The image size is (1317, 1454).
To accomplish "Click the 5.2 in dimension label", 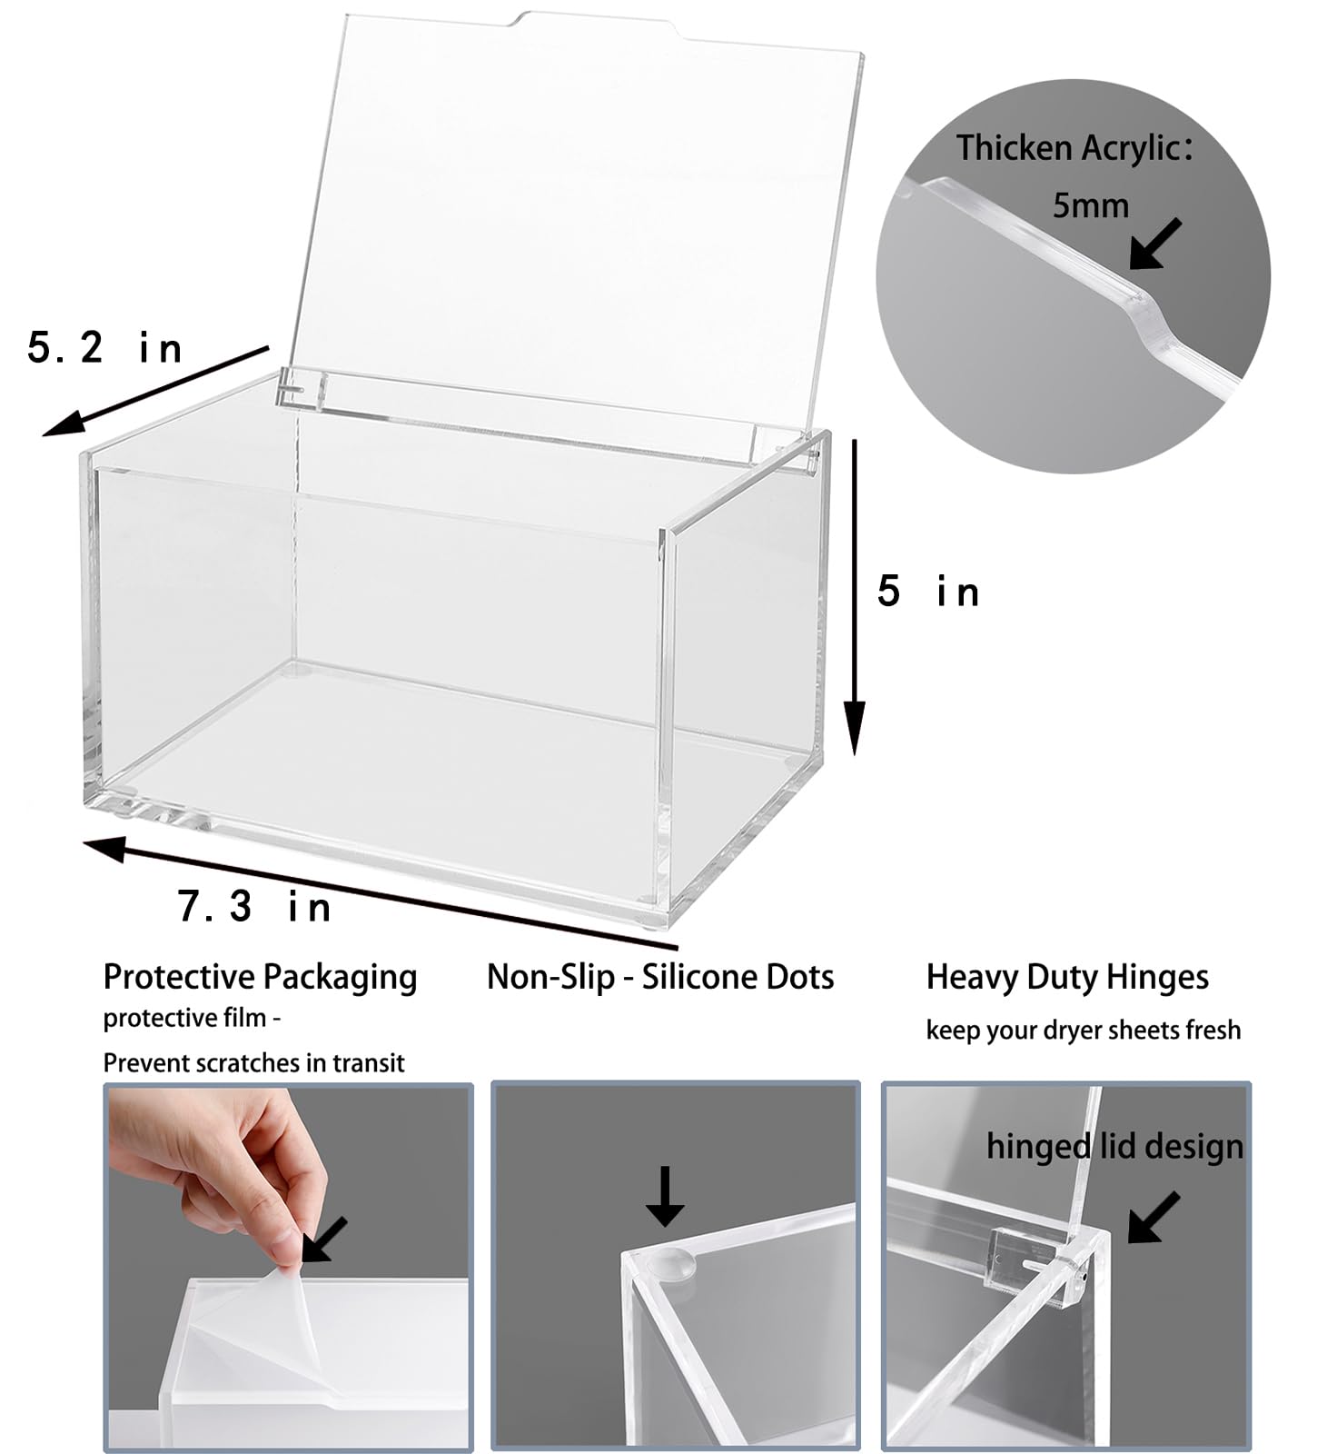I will [x=105, y=348].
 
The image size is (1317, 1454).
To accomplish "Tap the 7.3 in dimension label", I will [x=254, y=906].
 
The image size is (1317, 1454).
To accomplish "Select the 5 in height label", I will [x=928, y=592].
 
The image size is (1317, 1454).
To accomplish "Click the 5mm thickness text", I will [x=1090, y=205].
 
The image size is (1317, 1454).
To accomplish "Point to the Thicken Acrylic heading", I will [x=1074, y=148].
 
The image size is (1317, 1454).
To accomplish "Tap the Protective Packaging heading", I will [x=260, y=977].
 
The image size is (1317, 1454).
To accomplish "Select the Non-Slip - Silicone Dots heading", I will [x=660, y=977].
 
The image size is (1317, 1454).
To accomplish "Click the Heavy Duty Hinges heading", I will [x=1067, y=977].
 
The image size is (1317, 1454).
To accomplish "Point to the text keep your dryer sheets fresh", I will [x=1083, y=1030].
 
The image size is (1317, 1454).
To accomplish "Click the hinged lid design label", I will [x=1114, y=1146].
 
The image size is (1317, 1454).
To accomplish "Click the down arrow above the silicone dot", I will [x=665, y=1196].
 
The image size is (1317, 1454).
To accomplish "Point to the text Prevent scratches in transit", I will [x=253, y=1062].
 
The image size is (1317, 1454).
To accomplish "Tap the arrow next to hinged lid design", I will [x=1154, y=1217].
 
